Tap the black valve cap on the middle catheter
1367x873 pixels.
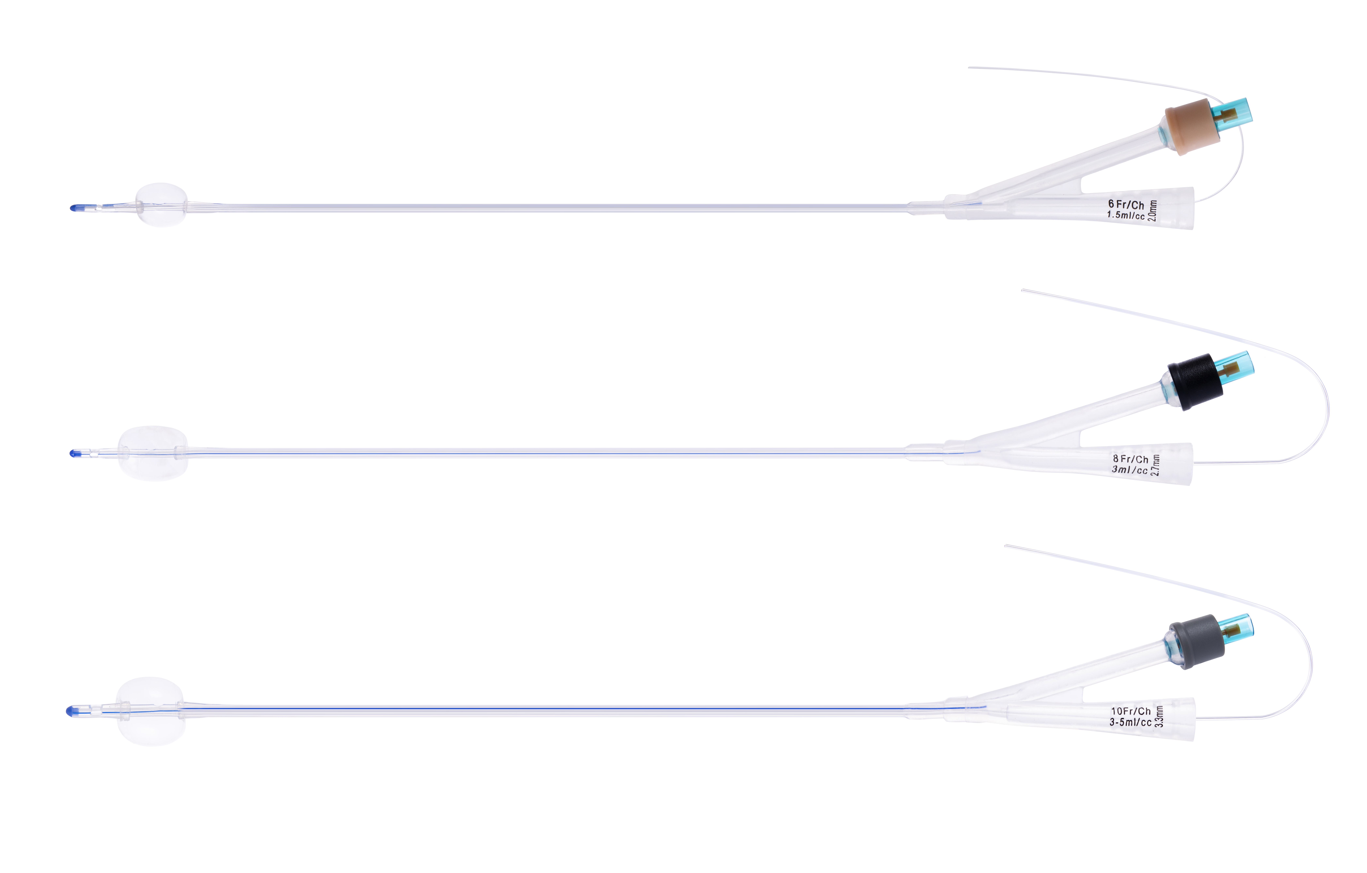click(x=1194, y=382)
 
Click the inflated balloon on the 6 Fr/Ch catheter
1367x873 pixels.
click(x=161, y=205)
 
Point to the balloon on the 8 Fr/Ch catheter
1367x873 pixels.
click(x=153, y=453)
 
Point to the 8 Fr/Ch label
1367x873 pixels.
click(x=1130, y=459)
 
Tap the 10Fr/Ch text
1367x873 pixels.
click(x=1131, y=711)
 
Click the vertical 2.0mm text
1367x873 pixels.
click(x=1152, y=211)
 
